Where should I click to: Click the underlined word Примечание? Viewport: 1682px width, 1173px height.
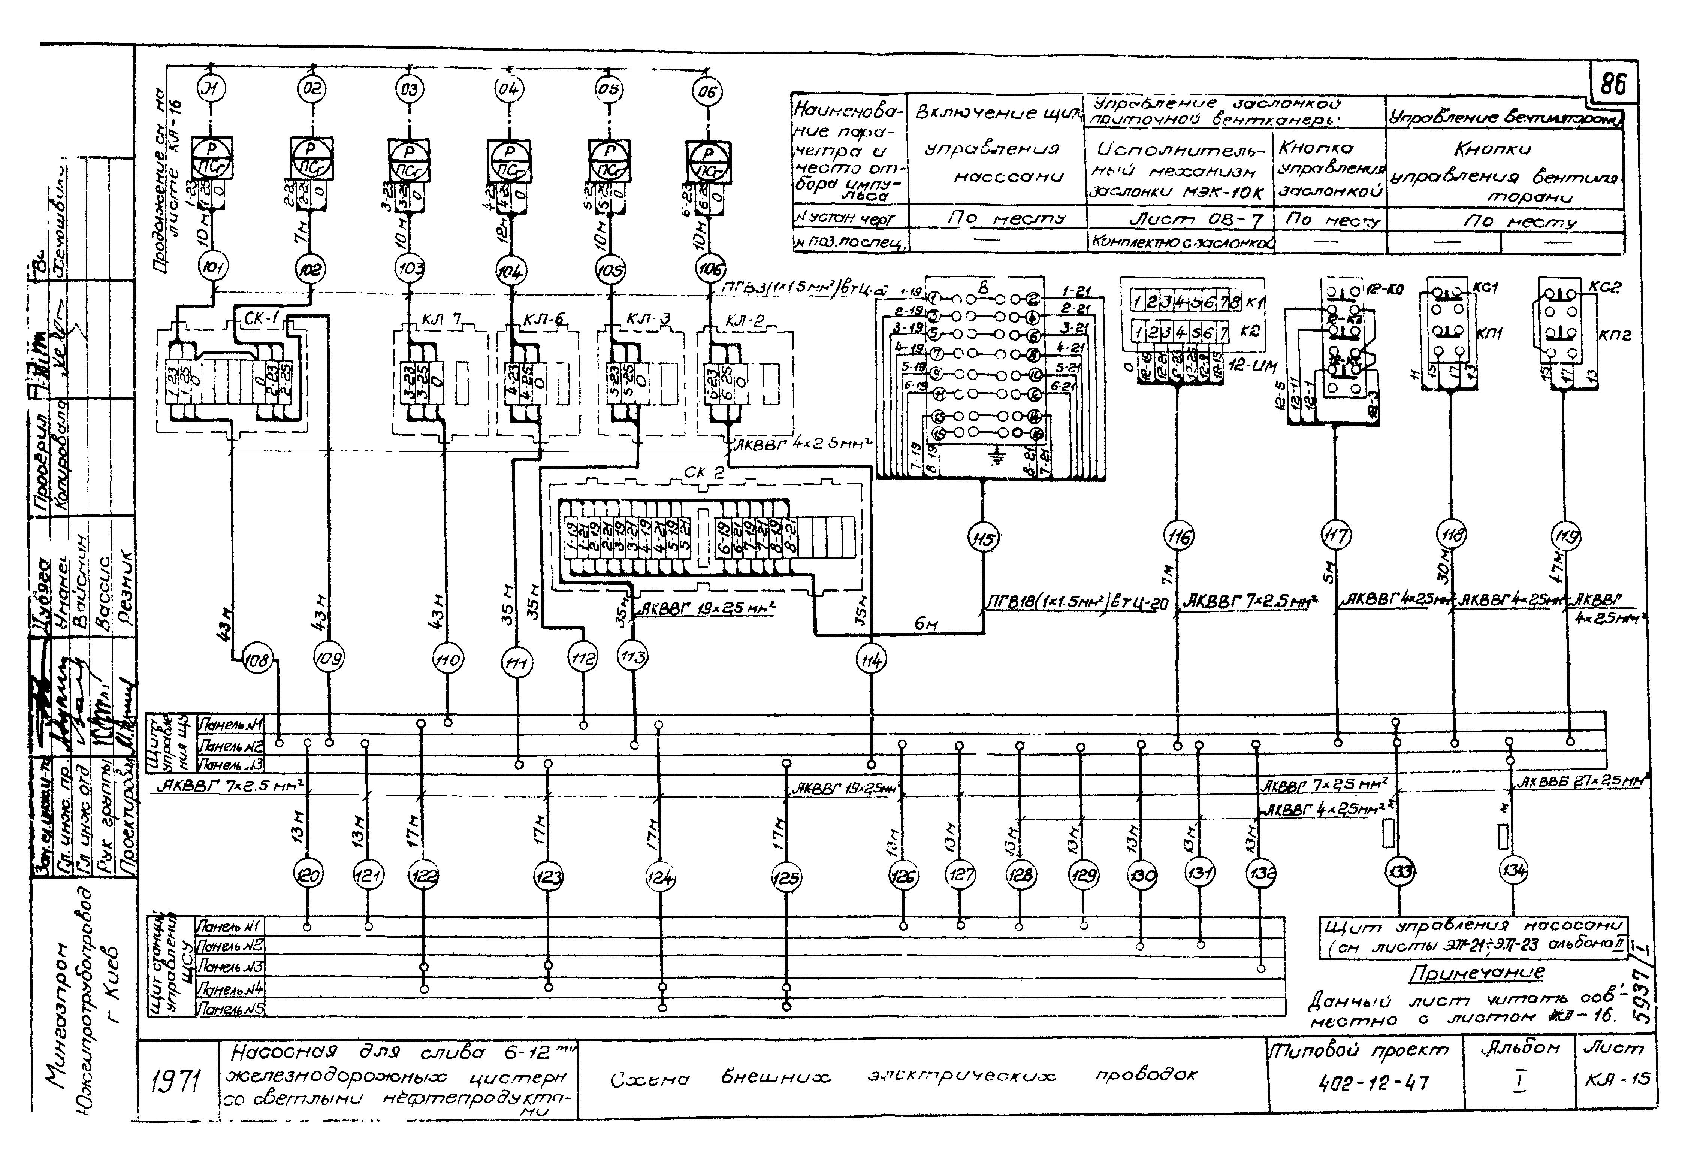coord(1476,972)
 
